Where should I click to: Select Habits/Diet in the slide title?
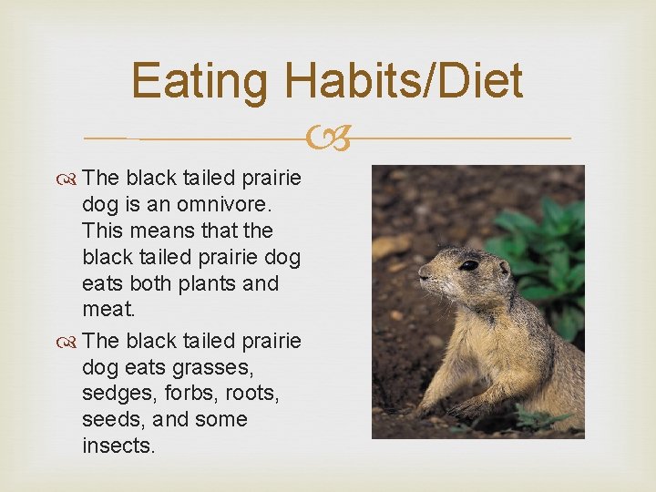[x=404, y=81]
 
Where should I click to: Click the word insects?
[x=118, y=446]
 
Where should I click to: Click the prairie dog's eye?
[x=468, y=265]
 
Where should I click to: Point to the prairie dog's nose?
[x=423, y=272]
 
